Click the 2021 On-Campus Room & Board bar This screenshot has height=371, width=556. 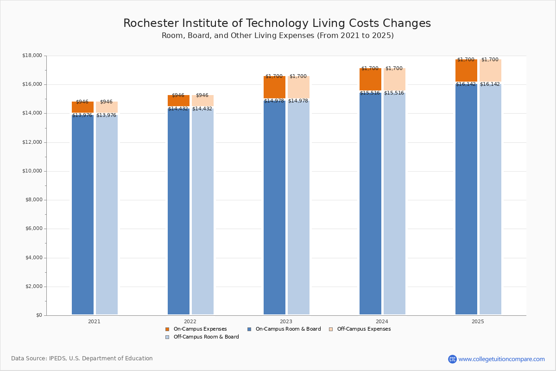[x=82, y=213]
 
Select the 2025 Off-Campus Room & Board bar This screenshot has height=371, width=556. [x=490, y=199]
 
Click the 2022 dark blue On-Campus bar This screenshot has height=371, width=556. [x=178, y=211]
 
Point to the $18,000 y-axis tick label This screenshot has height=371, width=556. [x=32, y=56]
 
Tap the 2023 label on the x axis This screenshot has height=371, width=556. [x=286, y=321]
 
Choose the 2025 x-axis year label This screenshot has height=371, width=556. [x=478, y=321]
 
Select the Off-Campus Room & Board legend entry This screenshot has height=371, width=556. [x=206, y=337]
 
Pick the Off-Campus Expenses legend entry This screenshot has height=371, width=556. [x=363, y=329]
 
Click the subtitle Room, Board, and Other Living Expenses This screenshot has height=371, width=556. [x=277, y=36]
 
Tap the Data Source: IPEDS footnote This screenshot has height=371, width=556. [x=82, y=358]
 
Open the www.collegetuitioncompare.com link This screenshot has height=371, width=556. [x=501, y=359]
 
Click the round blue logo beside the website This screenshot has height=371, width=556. [x=452, y=359]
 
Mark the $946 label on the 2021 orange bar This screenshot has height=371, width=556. [x=82, y=102]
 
